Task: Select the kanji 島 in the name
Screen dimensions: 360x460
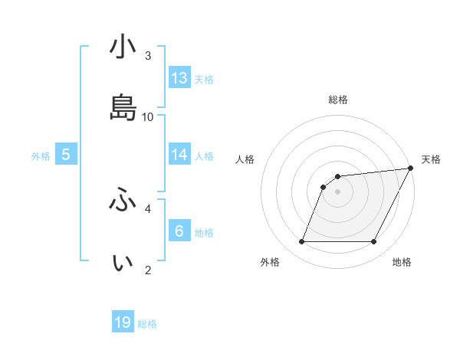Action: tap(123, 107)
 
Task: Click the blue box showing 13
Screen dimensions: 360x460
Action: tap(179, 78)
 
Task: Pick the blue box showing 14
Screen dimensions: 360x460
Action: tap(179, 155)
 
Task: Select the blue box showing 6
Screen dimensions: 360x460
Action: tap(179, 231)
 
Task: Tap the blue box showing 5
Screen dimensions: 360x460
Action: tap(66, 155)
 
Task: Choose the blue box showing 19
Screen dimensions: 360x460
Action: tap(123, 322)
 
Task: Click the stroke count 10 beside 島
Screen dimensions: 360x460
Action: tap(149, 116)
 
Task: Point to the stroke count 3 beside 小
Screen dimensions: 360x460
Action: tap(148, 56)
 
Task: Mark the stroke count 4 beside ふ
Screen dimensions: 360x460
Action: tap(148, 208)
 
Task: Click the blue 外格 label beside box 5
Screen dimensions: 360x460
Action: tap(41, 156)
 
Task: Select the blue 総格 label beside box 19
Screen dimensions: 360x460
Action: tap(147, 324)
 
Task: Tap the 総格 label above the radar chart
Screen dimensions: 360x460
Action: tap(338, 100)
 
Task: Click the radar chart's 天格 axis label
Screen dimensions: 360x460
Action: tap(431, 159)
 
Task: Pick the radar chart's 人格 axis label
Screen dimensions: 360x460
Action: tap(245, 159)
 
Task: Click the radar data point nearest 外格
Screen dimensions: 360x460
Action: tap(301, 242)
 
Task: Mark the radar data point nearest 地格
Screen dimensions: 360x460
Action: tap(374, 242)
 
